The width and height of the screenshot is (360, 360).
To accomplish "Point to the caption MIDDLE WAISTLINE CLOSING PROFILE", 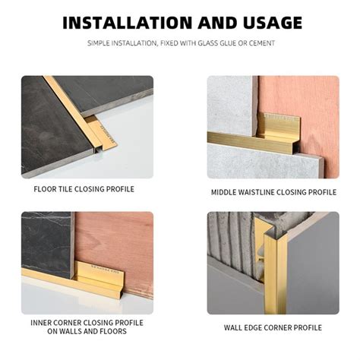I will (273, 192).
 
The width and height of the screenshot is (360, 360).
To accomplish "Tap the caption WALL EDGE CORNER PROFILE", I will (273, 327).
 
